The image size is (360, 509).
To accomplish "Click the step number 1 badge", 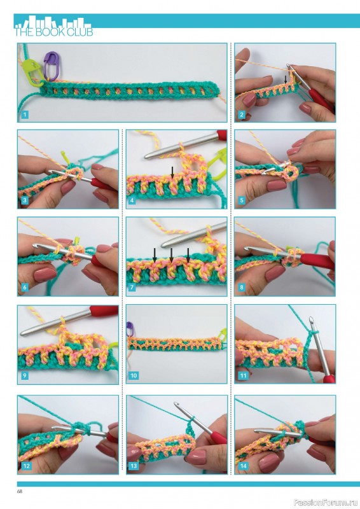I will (24, 115).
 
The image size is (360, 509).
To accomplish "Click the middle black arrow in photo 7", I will (171, 253).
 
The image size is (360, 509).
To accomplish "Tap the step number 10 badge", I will (134, 376).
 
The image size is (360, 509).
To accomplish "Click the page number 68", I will (20, 491).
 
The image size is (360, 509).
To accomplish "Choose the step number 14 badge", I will (242, 466).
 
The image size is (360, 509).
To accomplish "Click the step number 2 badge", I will (242, 115).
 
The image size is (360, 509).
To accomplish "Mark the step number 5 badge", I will (242, 201).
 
